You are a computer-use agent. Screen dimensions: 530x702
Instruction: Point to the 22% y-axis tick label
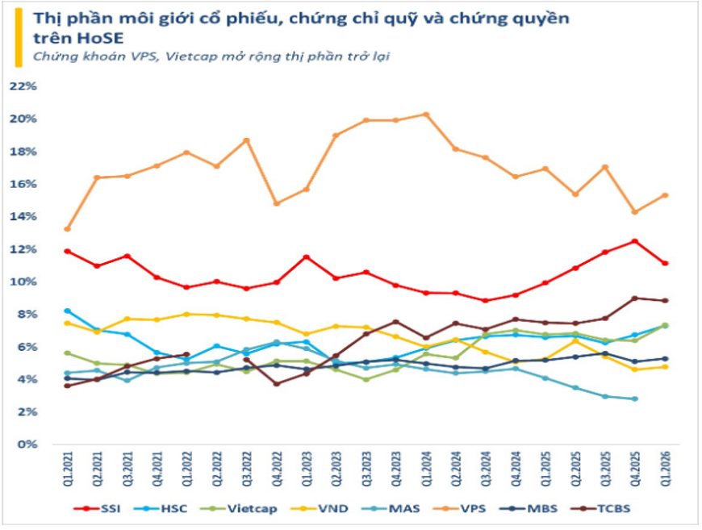pyautogui.click(x=23, y=86)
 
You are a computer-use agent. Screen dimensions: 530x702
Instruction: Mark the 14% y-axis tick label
pyautogui.click(x=23, y=216)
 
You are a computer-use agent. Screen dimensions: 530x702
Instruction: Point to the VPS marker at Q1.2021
pyautogui.click(x=67, y=229)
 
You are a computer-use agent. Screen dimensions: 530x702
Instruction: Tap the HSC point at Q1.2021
pyautogui.click(x=67, y=311)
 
